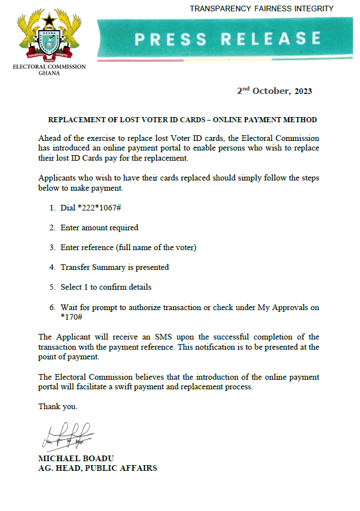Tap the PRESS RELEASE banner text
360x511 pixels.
pyautogui.click(x=228, y=38)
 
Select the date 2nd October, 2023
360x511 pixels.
pyautogui.click(x=274, y=91)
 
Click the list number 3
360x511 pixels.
pyautogui.click(x=52, y=247)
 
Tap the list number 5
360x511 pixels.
pyautogui.click(x=52, y=287)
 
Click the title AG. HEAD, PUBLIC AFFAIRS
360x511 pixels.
pyautogui.click(x=97, y=468)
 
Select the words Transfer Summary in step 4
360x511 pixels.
pyautogui.click(x=91, y=267)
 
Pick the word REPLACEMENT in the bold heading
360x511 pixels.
pyautogui.click(x=75, y=120)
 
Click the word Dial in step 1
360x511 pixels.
pyautogui.click(x=68, y=208)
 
